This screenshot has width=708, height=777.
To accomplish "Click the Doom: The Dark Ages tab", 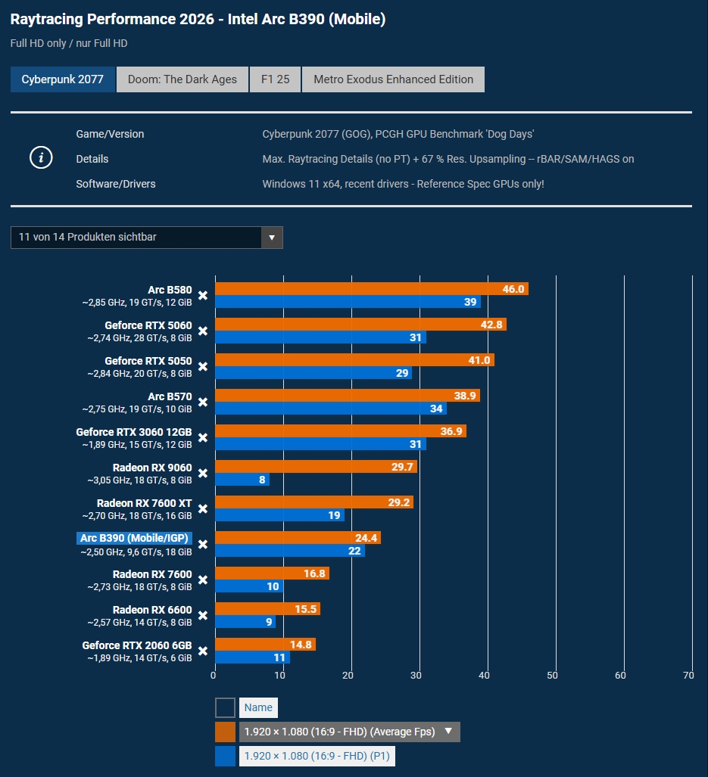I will [x=182, y=79].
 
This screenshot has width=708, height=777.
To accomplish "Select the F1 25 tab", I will [x=276, y=79].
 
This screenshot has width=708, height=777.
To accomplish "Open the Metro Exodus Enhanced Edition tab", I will [x=393, y=79].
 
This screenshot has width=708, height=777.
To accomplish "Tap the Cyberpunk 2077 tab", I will [x=63, y=79].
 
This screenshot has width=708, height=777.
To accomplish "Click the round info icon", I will [x=41, y=158].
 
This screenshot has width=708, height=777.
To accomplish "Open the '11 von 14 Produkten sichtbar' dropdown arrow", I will [x=272, y=238].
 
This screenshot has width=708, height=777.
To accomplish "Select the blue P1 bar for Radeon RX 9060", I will [x=242, y=480].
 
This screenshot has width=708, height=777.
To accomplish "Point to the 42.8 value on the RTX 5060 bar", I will [x=491, y=325].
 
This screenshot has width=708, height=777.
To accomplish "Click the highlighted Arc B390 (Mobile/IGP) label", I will [x=134, y=539].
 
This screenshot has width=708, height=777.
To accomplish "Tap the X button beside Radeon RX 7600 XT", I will [x=203, y=509].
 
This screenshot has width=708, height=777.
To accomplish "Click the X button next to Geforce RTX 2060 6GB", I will [x=203, y=651].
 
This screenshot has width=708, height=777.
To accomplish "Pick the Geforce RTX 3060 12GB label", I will [x=134, y=432].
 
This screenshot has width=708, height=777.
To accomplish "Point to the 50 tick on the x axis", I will [x=553, y=675].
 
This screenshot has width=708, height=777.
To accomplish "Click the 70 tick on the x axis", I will [x=688, y=675].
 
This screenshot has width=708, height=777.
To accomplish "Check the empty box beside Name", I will [x=225, y=707].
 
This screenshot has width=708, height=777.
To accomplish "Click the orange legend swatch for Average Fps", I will [x=225, y=732].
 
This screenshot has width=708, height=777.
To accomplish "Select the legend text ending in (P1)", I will [x=317, y=756].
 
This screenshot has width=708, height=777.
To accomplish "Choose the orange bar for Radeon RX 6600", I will [x=267, y=609].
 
